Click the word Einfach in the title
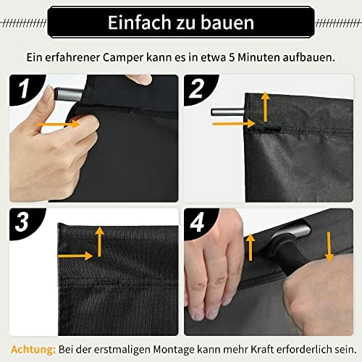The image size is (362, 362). click(x=139, y=22)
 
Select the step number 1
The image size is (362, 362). click(x=25, y=88)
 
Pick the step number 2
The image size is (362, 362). click(x=196, y=88)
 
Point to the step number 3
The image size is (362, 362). click(x=22, y=222)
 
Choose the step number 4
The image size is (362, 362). click(x=197, y=222)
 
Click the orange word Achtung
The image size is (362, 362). click(x=33, y=350)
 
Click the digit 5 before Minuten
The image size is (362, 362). click(x=232, y=58)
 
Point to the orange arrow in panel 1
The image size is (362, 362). click(x=59, y=125)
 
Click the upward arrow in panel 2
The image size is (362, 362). click(x=266, y=106)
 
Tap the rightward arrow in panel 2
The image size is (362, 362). click(x=234, y=124)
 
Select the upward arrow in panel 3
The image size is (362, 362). click(x=99, y=242)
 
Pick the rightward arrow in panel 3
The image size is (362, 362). click(x=75, y=256)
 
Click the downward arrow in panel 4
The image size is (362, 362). click(x=329, y=247)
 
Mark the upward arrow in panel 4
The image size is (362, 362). click(x=251, y=247)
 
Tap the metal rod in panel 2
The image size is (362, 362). click(x=228, y=112)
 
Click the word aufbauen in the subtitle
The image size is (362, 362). click(x=309, y=58)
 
